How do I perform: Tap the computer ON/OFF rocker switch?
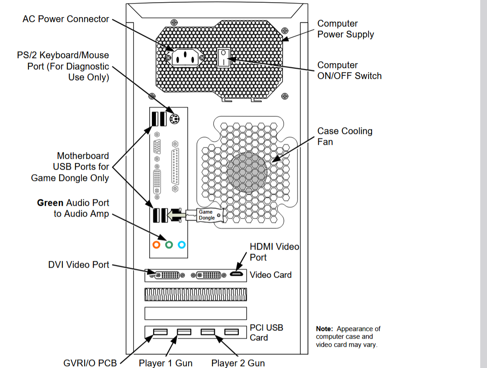coord(223,57)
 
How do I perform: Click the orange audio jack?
coord(156,245)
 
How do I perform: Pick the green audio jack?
coord(169,245)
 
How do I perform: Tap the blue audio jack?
coord(181,245)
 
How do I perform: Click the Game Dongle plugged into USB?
coord(208,215)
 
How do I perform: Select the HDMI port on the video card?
coord(236,274)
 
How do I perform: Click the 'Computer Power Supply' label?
coord(345,29)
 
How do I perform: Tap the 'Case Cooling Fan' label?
coord(345,136)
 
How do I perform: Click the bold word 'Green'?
coord(50,203)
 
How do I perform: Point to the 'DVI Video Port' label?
coord(79,264)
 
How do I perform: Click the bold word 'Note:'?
coord(324,329)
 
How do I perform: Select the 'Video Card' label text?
coord(270,274)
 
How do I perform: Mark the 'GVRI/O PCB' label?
coord(90,363)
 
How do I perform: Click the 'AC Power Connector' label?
coord(66,19)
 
